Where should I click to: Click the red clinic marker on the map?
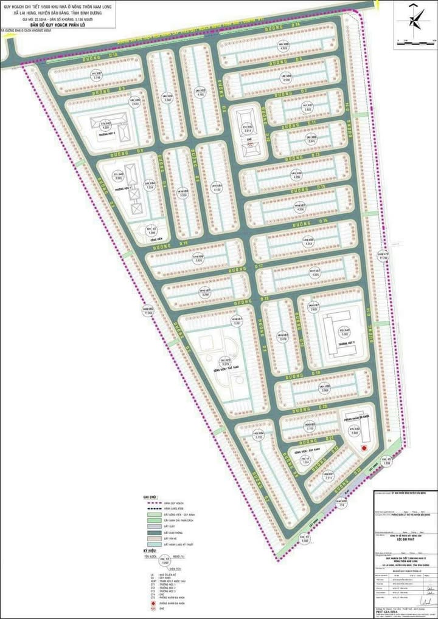click(x=364, y=448)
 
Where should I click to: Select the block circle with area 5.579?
click(x=224, y=362)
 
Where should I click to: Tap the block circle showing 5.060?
click(x=344, y=332)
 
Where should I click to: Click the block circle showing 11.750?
click(x=383, y=256)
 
